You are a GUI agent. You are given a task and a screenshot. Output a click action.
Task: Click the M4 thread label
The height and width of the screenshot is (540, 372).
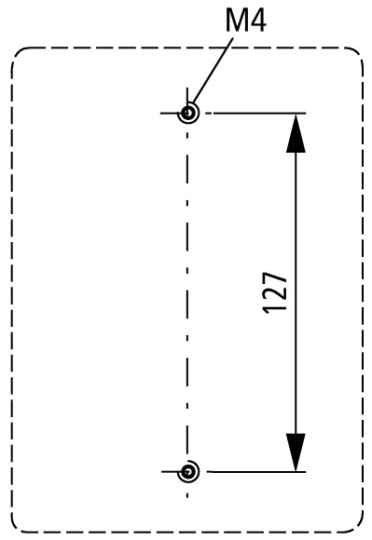tap(245, 20)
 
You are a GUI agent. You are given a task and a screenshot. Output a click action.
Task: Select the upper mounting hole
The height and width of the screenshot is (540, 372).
tap(189, 114)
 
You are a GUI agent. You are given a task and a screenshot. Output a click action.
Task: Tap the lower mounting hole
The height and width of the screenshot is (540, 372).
tap(189, 472)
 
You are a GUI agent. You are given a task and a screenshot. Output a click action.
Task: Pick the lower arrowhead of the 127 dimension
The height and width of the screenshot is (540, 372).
tap(295, 452)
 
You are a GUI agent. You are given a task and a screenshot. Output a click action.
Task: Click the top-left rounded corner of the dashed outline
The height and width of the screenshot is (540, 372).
tap(19, 57)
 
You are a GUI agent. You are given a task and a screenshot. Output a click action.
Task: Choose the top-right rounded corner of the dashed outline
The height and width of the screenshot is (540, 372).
tap(355, 56)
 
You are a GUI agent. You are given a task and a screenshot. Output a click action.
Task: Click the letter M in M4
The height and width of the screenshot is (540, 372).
tap(234, 20)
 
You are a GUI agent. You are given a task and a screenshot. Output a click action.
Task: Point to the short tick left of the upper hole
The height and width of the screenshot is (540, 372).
tap(169, 114)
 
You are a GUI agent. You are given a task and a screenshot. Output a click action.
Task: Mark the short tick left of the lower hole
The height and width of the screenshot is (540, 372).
tap(169, 472)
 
